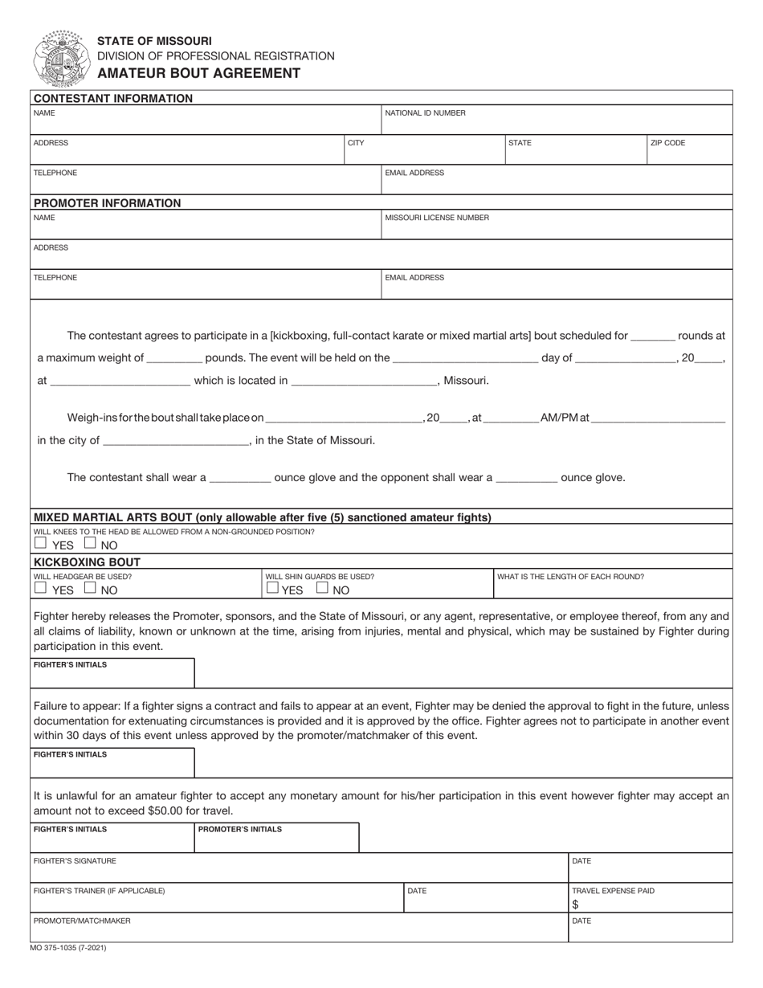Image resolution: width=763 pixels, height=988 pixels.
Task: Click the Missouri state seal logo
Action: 58,58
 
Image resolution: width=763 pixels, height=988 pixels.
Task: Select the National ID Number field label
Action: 425,113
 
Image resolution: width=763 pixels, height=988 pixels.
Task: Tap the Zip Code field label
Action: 667,143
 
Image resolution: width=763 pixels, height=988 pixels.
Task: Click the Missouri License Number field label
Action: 437,218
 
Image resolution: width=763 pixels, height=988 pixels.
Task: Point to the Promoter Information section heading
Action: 107,203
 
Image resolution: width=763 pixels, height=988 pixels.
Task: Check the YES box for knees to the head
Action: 40,543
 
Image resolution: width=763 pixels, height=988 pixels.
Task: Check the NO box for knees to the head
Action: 90,543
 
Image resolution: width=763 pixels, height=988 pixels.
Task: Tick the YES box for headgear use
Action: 40,588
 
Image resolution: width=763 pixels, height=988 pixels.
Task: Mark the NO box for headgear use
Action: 90,588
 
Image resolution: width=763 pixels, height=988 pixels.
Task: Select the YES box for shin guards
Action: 272,588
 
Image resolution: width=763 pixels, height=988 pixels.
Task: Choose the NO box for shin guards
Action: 322,588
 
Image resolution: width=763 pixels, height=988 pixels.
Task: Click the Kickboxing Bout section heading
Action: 87,562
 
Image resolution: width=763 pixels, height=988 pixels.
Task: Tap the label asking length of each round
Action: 570,577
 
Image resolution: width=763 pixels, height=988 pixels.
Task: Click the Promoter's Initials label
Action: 240,830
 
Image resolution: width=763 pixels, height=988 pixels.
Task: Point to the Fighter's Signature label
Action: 75,861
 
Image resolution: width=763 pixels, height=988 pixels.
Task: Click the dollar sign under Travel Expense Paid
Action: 575,904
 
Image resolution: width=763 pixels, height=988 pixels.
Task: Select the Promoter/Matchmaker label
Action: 81,921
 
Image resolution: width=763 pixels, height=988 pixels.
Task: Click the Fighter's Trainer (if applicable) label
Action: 99,891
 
